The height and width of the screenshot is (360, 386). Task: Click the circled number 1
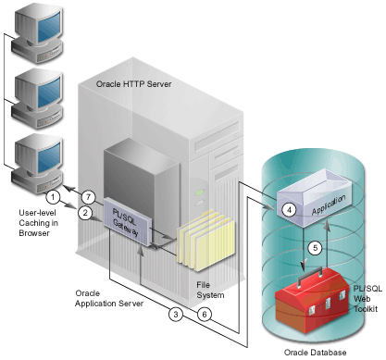(x=54, y=196)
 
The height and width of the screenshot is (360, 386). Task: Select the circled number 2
(x=84, y=213)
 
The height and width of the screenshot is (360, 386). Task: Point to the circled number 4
(x=289, y=210)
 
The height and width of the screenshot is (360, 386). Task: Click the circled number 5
(x=314, y=247)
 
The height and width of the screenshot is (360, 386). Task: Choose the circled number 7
(x=89, y=195)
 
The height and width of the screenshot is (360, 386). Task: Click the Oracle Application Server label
(x=107, y=298)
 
